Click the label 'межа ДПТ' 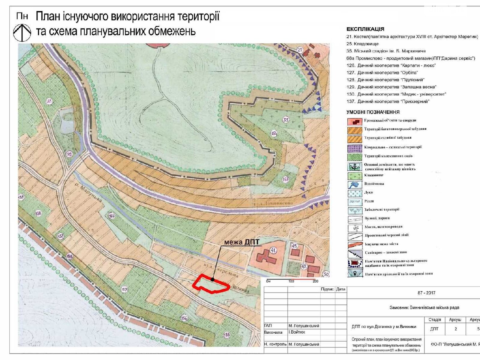(x=241, y=242)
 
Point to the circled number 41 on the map (x=273, y=250)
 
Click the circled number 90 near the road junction (x=69, y=154)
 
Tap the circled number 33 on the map (x=286, y=120)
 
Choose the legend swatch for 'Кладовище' (x=355, y=175)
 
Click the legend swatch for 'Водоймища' (x=355, y=184)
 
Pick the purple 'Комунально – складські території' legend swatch (x=355, y=148)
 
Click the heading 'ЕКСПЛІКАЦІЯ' (x=365, y=29)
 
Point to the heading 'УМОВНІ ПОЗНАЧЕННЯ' (x=373, y=112)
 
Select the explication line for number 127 (x=382, y=73)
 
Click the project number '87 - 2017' (x=426, y=293)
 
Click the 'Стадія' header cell (x=434, y=320)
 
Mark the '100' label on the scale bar (x=291, y=281)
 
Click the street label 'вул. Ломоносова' (x=274, y=204)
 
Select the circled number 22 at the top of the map (x=300, y=50)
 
